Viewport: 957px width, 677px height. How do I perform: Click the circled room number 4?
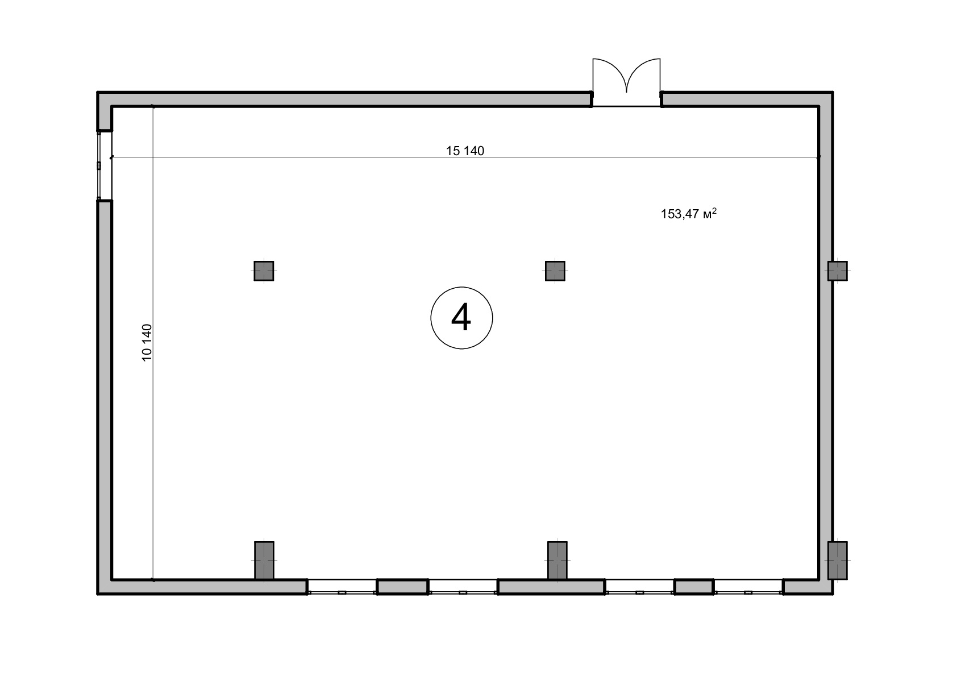[461, 318]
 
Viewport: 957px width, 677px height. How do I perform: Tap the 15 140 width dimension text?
[465, 151]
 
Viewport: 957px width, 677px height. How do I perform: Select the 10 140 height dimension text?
[147, 343]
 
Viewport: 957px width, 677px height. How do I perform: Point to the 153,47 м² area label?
[688, 213]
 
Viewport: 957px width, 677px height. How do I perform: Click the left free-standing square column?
[264, 271]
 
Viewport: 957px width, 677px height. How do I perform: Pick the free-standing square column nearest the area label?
[555, 271]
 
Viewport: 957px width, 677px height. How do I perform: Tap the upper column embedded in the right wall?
[838, 271]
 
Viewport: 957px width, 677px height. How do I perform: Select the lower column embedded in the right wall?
[838, 560]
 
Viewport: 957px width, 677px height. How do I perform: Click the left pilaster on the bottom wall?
[264, 560]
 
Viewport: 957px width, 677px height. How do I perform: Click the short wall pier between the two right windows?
[694, 587]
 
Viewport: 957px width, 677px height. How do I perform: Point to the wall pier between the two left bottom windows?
[402, 587]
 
